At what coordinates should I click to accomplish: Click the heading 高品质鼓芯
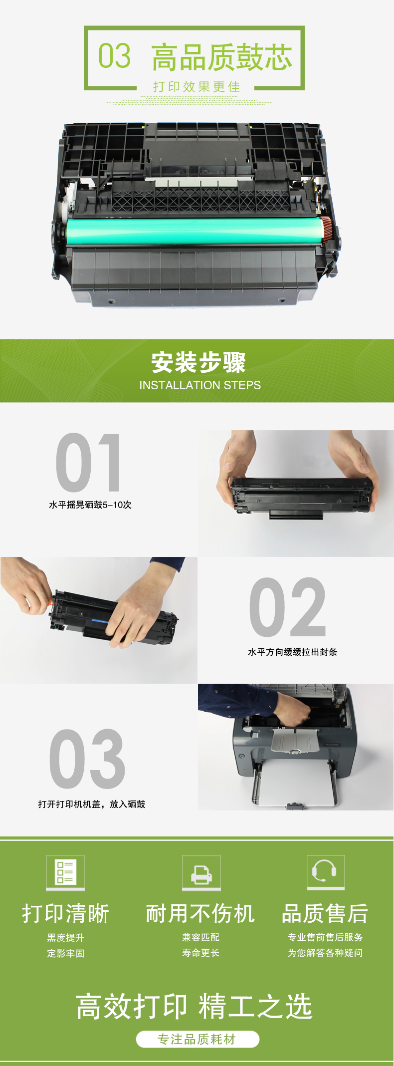[222, 57]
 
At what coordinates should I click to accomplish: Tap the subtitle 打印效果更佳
[197, 87]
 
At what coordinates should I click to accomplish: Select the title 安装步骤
[198, 362]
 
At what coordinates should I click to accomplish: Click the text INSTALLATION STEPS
[200, 385]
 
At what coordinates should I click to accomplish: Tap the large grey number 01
[88, 463]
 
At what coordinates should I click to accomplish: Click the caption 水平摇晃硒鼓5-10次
[90, 505]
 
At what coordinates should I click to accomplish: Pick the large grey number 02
[288, 607]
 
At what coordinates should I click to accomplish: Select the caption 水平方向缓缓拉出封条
[293, 652]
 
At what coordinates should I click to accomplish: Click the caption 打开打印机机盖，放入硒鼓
[92, 804]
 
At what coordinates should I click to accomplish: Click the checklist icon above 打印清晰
[65, 873]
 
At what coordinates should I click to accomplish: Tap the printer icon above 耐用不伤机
[201, 873]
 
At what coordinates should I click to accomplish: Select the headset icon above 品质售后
[326, 872]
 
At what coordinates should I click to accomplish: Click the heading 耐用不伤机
[200, 913]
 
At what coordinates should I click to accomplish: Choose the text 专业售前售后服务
[325, 937]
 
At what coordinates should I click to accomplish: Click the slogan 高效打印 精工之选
[194, 1006]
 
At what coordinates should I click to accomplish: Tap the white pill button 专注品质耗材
[197, 1039]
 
